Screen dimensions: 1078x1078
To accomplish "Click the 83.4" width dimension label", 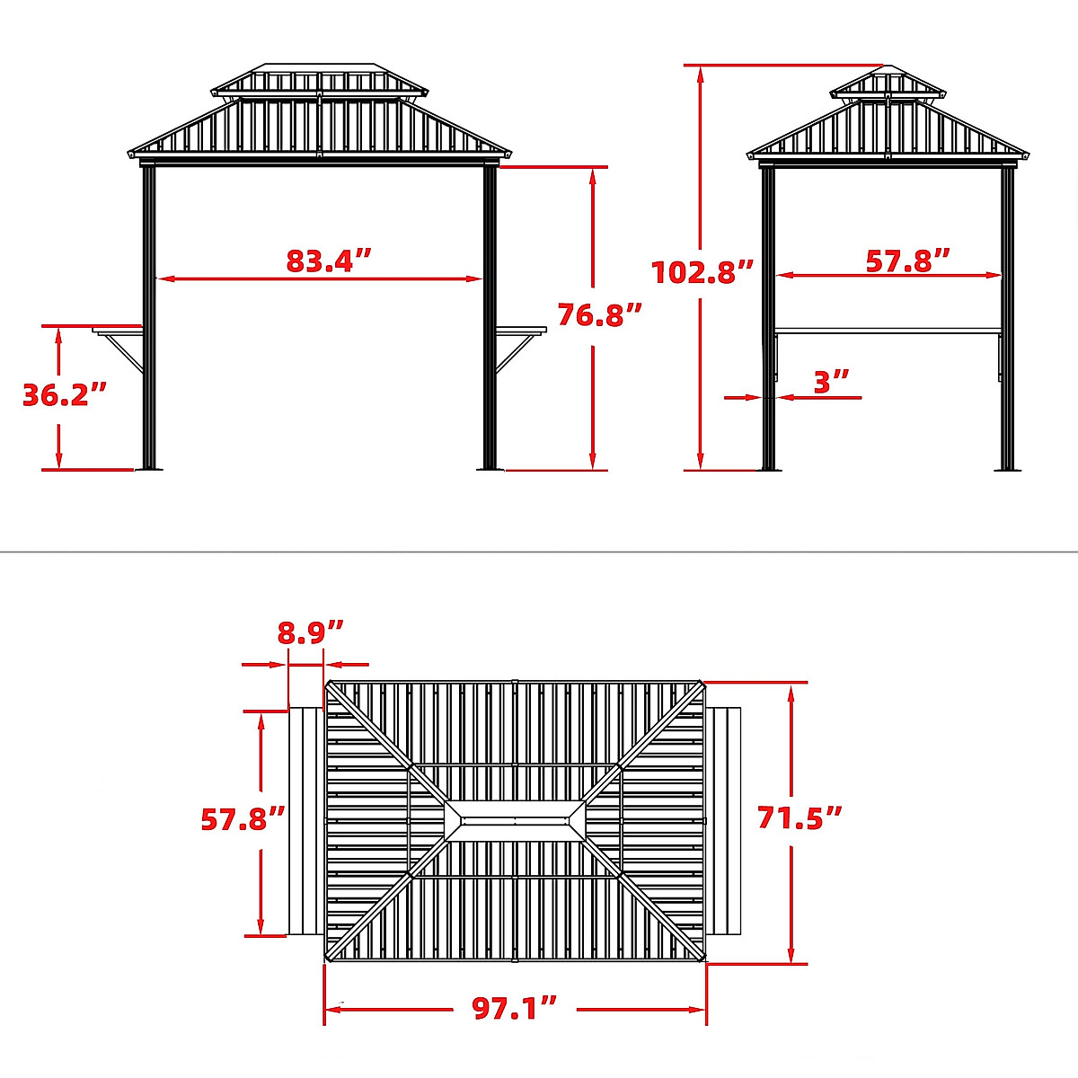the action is (328, 261).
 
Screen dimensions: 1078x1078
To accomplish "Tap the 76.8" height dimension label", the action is (600, 314).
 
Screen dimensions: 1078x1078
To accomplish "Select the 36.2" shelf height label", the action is (65, 394).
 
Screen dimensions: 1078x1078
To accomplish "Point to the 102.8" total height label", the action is (702, 271).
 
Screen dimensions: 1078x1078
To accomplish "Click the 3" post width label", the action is (831, 382).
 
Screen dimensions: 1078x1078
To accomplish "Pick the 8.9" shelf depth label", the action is (310, 632).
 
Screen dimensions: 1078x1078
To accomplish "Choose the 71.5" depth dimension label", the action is (800, 817).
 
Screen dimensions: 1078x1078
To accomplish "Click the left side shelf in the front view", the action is (117, 330).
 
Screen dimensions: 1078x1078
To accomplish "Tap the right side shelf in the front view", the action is (522, 330).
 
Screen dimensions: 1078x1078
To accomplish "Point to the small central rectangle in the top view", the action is (515, 821).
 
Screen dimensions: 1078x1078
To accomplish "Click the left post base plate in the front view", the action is (148, 468).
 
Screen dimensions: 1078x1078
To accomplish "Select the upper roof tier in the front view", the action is (320, 80).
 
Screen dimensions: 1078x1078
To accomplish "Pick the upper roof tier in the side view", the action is (887, 84).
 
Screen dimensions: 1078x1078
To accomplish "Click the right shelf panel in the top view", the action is (724, 821).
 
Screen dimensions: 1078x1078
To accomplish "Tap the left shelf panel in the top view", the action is (305, 821).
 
